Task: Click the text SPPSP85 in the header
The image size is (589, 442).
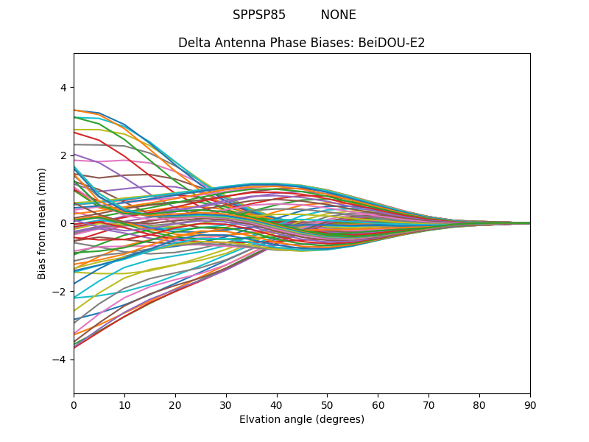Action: pyautogui.click(x=259, y=15)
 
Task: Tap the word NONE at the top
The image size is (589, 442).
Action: pyautogui.click(x=338, y=15)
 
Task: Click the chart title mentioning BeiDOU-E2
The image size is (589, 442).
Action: pyautogui.click(x=301, y=43)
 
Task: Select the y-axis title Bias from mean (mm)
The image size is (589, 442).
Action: pyautogui.click(x=43, y=222)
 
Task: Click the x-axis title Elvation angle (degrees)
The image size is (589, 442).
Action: pyautogui.click(x=301, y=419)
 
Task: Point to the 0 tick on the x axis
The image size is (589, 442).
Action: pyautogui.click(x=74, y=404)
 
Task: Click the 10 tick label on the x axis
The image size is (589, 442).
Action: pyautogui.click(x=124, y=404)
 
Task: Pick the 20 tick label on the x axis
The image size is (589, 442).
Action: pyautogui.click(x=175, y=404)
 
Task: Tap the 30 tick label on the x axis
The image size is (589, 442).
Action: pyautogui.click(x=226, y=404)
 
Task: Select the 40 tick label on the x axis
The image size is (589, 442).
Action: pyautogui.click(x=277, y=404)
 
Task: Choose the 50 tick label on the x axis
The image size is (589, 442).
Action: pyautogui.click(x=327, y=404)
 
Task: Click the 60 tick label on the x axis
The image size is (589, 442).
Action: pyautogui.click(x=378, y=404)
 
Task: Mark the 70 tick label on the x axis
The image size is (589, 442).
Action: pyautogui.click(x=428, y=404)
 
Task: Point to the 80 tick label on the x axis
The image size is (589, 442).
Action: pyautogui.click(x=479, y=404)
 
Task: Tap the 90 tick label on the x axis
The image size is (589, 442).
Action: pyautogui.click(x=530, y=404)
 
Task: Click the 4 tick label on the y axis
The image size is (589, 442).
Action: pyautogui.click(x=63, y=87)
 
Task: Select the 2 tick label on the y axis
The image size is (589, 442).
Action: pyautogui.click(x=63, y=155)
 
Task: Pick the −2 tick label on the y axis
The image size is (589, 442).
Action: pyautogui.click(x=60, y=291)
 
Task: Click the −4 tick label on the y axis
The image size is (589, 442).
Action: pyautogui.click(x=60, y=359)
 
